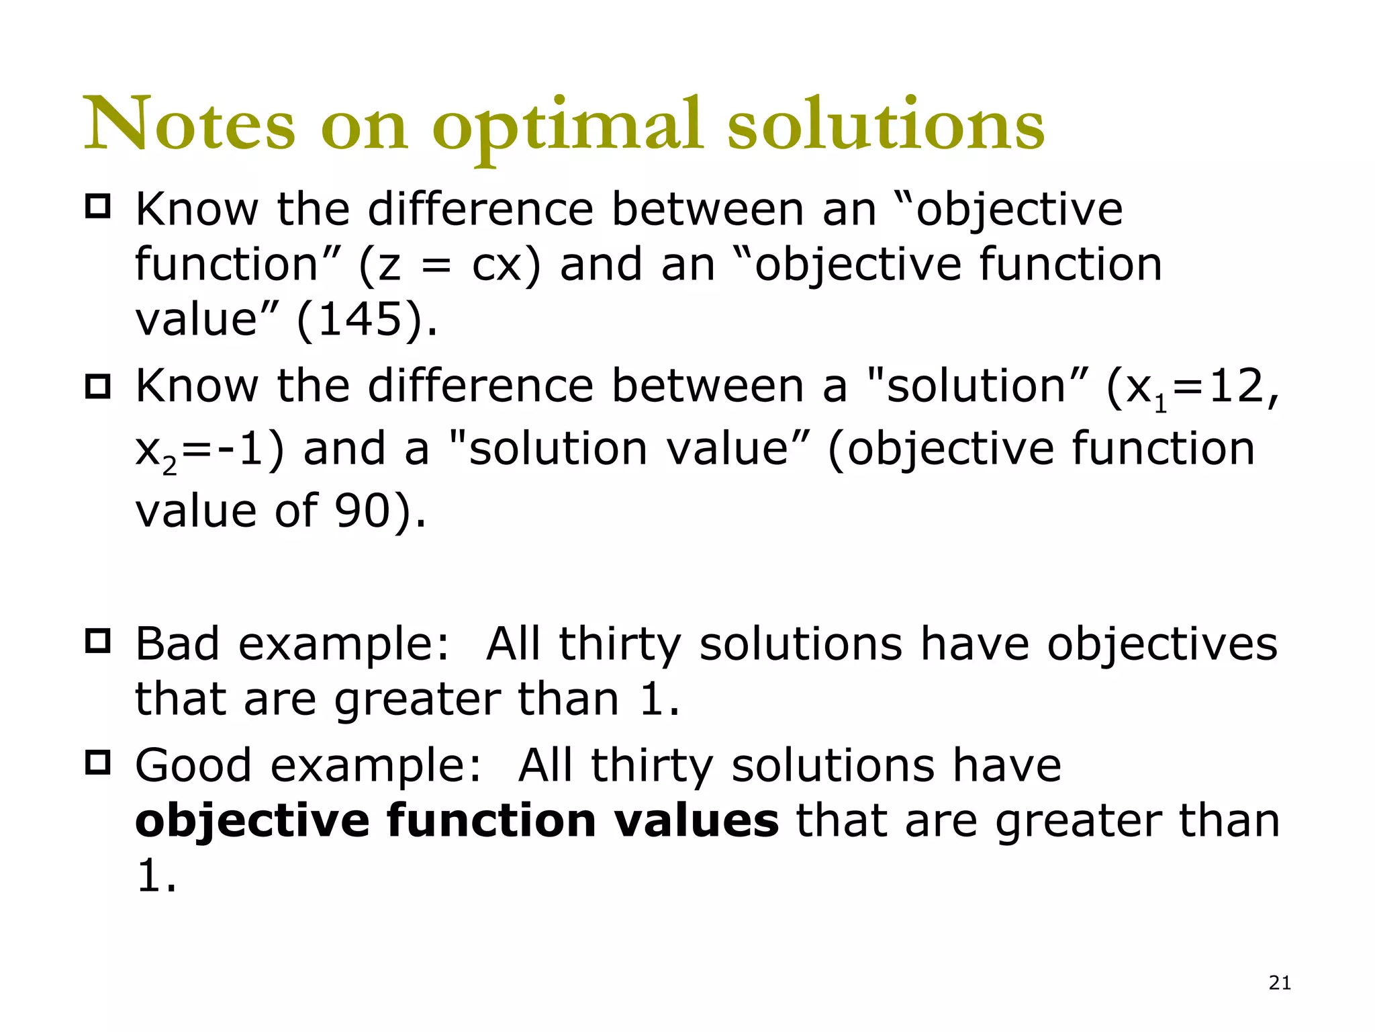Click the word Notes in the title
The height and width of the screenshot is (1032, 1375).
click(189, 124)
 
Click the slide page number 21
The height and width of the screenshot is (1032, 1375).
click(1280, 983)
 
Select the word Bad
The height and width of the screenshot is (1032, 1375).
click(177, 644)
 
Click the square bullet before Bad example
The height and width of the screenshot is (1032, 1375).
click(98, 641)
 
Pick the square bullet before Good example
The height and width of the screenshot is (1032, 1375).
click(98, 763)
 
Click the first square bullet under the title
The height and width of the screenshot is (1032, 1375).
click(98, 206)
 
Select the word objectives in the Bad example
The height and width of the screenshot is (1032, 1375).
click(1162, 644)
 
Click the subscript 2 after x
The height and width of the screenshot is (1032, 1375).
click(170, 466)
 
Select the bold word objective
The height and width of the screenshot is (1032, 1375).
click(252, 822)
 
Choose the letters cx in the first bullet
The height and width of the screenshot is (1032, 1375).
click(497, 265)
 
